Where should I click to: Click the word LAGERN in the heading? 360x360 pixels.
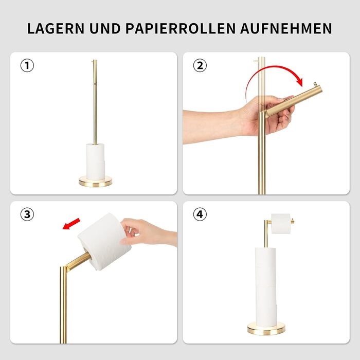[56, 28]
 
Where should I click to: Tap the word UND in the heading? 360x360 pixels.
[105, 28]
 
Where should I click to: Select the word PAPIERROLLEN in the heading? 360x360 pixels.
[181, 28]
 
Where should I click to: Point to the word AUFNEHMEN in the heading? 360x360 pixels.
[286, 28]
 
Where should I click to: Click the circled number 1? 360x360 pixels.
[27, 65]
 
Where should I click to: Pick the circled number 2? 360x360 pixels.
[200, 65]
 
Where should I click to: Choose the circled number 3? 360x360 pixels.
[27, 214]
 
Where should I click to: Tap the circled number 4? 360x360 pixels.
[200, 214]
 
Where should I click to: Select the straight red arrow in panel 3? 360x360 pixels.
[71, 224]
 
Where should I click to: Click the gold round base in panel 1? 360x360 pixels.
[95, 182]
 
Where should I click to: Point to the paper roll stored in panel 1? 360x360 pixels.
[96, 161]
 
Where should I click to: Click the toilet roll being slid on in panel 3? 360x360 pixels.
[104, 241]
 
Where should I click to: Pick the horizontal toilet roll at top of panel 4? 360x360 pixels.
[281, 224]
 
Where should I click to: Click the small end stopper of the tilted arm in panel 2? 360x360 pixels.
[316, 85]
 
